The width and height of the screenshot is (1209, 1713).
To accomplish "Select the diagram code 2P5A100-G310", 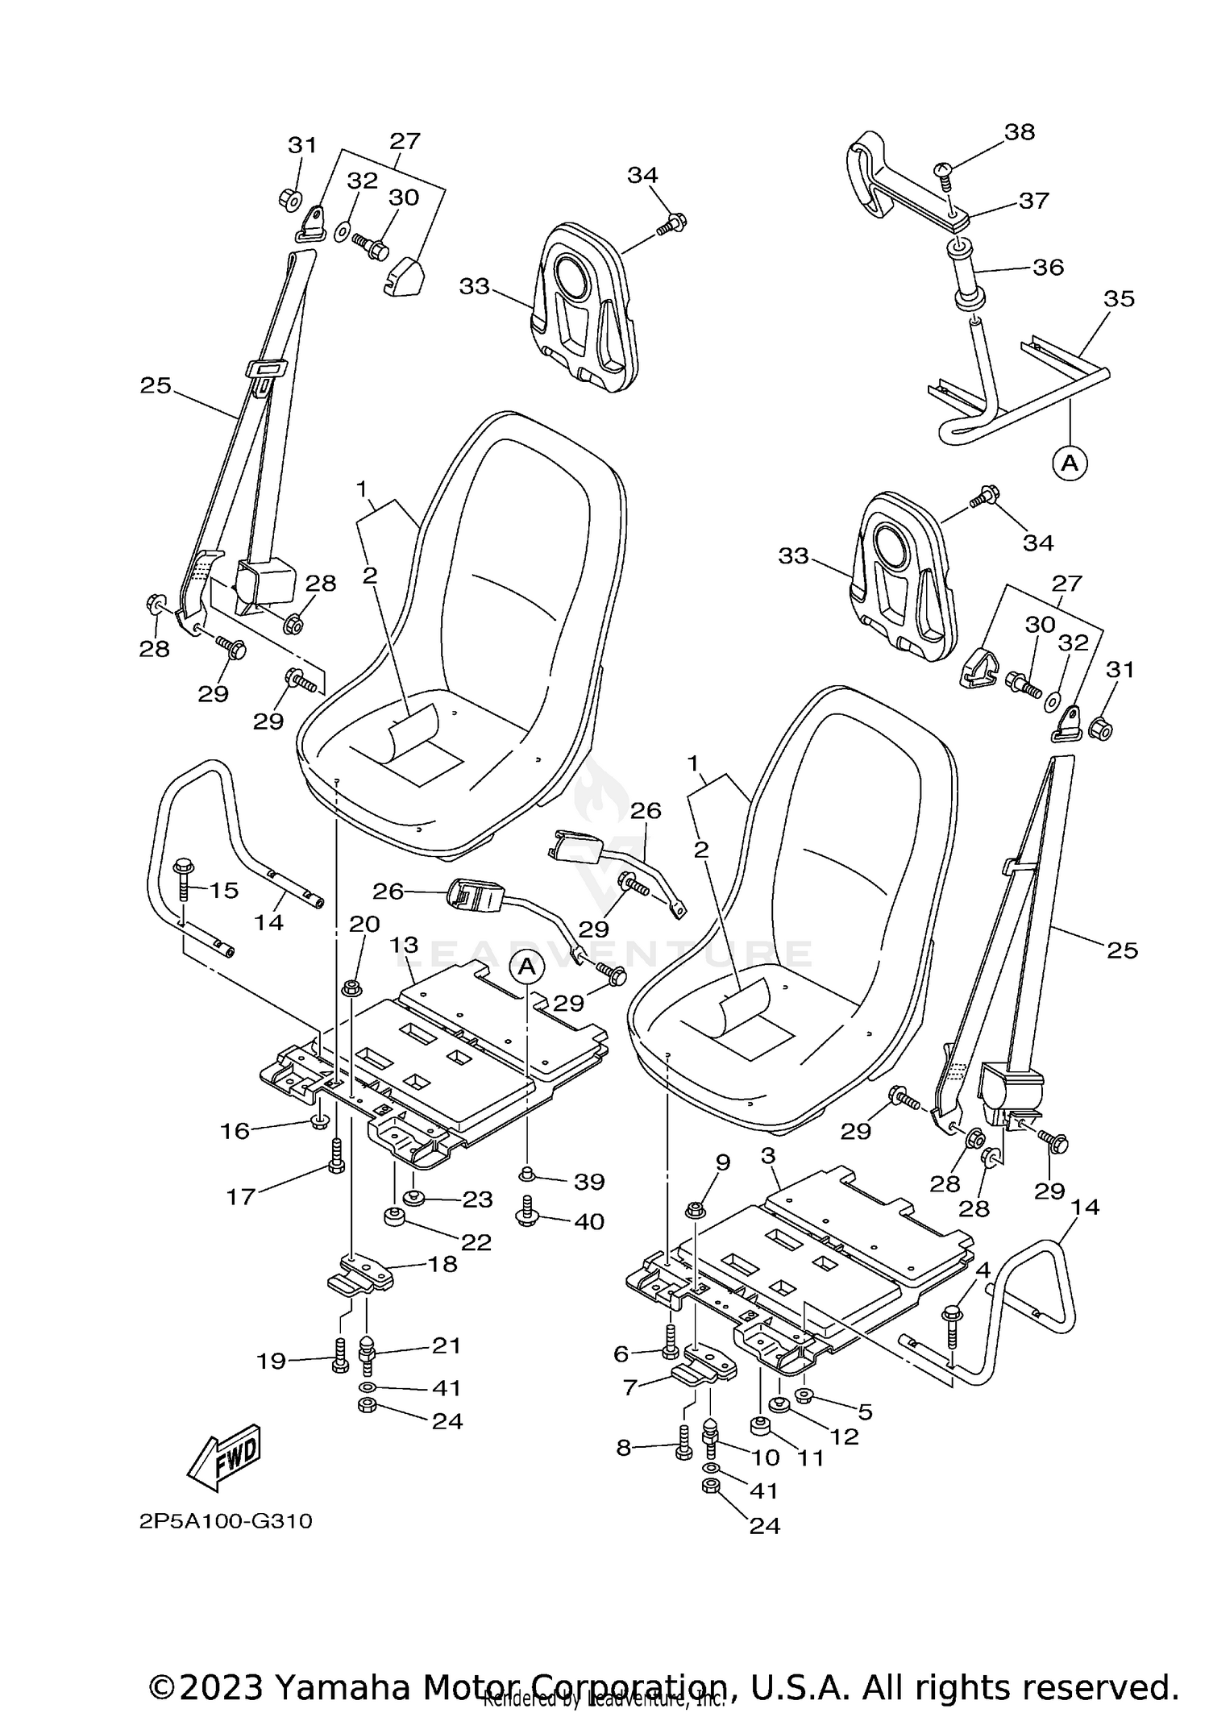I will tap(226, 1521).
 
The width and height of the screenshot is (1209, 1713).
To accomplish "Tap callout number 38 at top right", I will tap(1020, 131).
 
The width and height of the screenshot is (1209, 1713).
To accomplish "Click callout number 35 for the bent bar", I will tap(1119, 299).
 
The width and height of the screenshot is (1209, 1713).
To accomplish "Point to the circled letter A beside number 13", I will tap(526, 966).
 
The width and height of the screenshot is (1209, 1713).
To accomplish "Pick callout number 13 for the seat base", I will tap(405, 944).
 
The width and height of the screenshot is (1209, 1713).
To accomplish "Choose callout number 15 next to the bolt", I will tap(224, 890).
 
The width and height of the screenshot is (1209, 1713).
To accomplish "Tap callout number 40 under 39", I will tap(589, 1221).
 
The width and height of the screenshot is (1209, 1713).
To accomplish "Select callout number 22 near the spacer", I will tap(476, 1241).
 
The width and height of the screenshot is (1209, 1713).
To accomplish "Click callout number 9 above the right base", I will tap(722, 1162).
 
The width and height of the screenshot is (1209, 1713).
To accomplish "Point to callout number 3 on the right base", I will tap(767, 1156).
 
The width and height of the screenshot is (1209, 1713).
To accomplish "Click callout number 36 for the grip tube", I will tap(1048, 267).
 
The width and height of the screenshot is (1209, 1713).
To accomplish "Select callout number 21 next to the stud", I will tap(446, 1345).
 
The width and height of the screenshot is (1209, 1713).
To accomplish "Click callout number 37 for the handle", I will tap(1033, 200).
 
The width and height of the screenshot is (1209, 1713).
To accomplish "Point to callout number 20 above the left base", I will tap(364, 924).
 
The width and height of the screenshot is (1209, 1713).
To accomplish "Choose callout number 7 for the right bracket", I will tap(630, 1386).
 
